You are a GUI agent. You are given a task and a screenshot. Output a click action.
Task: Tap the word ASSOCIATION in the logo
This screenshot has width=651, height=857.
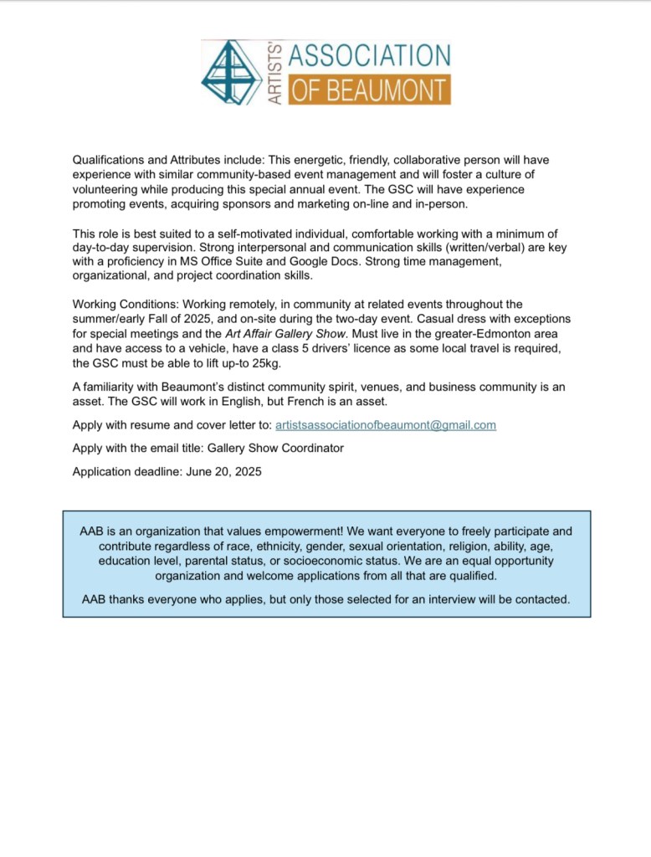pos(369,57)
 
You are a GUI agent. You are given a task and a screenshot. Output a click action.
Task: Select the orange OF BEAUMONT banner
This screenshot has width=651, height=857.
pos(369,90)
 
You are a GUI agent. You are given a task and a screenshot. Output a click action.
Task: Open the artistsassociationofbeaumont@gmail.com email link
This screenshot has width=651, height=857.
pos(386,425)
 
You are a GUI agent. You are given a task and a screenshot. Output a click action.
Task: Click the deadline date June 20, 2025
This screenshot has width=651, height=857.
pos(223,472)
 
